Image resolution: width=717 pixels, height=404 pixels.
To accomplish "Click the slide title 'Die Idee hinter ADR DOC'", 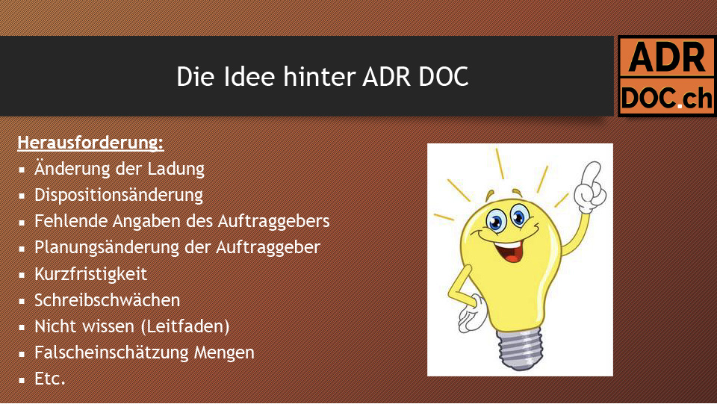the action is tap(323, 76).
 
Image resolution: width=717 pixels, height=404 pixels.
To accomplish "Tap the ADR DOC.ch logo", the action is tap(666, 76).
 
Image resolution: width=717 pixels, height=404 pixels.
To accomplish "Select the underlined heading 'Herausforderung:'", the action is tap(90, 143).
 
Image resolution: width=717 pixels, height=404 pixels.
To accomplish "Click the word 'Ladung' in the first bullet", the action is tap(176, 169).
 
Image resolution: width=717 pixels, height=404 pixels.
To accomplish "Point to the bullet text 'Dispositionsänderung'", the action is tap(119, 195).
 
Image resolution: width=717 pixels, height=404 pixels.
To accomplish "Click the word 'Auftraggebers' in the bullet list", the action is tap(273, 221).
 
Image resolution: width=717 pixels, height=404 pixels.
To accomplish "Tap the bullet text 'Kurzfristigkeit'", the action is tap(91, 274).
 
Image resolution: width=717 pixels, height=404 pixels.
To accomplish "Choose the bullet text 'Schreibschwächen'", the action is tap(108, 300).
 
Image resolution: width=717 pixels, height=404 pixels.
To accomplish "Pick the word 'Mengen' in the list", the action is tap(224, 352).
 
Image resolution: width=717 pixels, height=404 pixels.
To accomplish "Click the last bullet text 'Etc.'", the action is tap(50, 379).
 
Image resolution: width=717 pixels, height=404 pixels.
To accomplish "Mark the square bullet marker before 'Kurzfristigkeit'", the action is tap(22, 275).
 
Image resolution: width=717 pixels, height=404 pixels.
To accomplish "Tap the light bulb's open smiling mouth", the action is tap(509, 250).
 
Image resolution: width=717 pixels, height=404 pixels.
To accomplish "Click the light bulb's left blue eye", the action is tap(496, 220).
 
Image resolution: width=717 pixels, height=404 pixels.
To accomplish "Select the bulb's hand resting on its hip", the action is tap(471, 314).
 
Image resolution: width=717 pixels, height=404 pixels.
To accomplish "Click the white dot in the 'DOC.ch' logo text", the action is tap(680, 105).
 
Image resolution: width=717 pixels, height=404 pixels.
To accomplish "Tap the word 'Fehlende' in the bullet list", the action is tap(71, 221).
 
